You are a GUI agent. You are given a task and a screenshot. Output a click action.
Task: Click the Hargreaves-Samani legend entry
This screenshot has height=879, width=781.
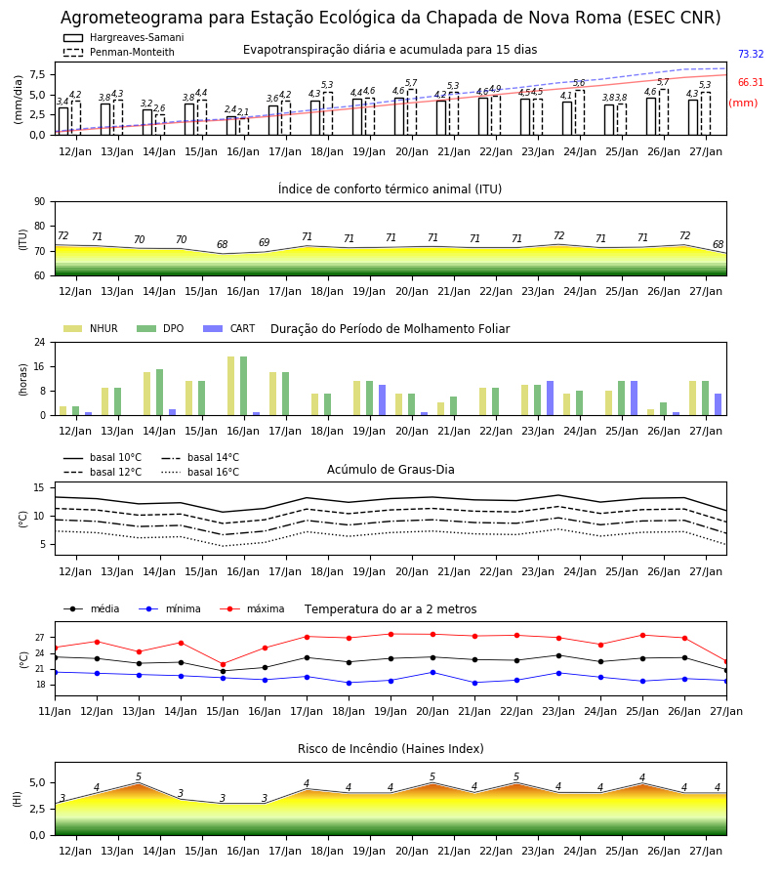click(124, 37)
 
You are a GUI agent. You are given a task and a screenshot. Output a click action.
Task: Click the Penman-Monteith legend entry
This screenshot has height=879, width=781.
click(119, 52)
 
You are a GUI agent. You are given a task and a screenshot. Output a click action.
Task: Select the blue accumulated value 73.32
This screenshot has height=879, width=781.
click(751, 55)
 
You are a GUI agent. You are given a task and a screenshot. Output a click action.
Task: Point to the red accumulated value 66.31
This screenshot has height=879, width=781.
click(751, 82)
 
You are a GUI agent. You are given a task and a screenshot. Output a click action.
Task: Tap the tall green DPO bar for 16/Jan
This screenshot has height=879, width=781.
click(244, 386)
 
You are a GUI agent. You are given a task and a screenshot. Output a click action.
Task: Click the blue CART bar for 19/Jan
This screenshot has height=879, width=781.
click(382, 400)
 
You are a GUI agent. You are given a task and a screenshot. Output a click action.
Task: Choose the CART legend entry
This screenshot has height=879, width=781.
click(228, 328)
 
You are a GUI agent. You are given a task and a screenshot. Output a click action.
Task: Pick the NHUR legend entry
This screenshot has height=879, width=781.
click(91, 328)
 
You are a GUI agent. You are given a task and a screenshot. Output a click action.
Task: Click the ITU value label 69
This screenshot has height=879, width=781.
click(264, 243)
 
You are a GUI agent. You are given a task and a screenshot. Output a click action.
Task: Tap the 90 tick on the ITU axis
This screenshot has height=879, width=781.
click(40, 202)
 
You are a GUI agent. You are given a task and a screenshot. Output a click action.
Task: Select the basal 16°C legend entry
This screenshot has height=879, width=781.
click(200, 473)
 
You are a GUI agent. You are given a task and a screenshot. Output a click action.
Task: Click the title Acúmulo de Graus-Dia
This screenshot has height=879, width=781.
click(390, 470)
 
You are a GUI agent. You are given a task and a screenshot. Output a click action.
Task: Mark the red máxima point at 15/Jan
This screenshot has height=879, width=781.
click(223, 664)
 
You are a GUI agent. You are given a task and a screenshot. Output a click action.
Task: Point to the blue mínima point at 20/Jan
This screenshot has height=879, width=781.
click(432, 672)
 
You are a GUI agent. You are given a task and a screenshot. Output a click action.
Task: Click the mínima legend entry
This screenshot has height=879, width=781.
click(170, 608)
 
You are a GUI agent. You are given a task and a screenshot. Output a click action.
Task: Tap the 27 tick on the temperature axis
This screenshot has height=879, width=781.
click(40, 638)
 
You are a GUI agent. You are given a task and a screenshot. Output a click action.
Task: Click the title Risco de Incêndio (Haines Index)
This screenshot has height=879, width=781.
click(390, 749)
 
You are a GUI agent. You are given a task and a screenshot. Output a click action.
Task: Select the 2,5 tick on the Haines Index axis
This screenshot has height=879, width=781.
click(37, 809)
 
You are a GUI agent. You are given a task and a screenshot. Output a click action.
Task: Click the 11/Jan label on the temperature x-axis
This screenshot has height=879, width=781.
click(55, 711)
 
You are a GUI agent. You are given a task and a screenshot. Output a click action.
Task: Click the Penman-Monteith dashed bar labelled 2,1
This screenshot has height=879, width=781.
click(244, 127)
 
